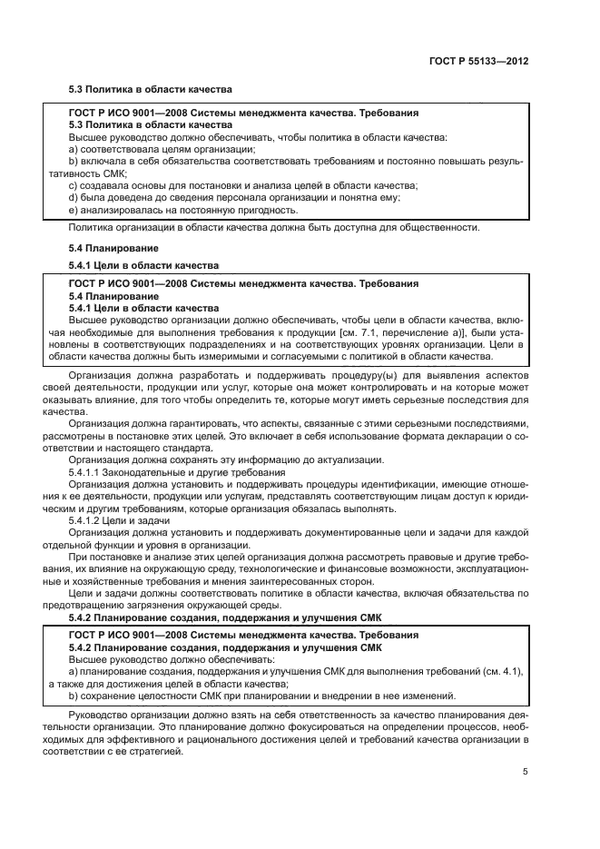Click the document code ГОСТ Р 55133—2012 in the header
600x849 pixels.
point(478,62)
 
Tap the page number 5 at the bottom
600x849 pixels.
point(525,772)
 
